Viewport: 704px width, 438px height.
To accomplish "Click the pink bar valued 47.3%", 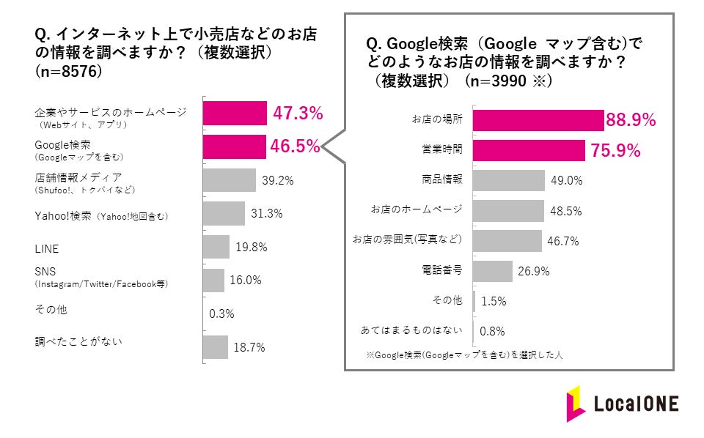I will [235, 114].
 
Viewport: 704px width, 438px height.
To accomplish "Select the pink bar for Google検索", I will [235, 146].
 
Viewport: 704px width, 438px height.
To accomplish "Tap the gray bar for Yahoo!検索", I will [224, 213].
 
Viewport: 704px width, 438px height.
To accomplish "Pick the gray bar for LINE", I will [216, 247].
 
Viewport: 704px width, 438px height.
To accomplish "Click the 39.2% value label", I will [278, 180].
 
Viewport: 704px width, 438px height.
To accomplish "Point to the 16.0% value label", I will [246, 281].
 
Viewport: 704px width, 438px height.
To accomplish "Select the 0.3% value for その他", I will [221, 313].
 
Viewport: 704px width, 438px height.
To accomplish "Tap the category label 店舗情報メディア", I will [78, 177].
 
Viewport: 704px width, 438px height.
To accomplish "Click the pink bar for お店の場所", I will [538, 120].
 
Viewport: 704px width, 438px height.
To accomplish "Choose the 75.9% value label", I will [615, 152].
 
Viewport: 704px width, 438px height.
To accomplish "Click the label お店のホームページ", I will [417, 209].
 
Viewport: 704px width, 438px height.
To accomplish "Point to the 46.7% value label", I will [564, 240].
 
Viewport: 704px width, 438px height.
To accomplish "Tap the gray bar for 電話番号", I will [493, 271].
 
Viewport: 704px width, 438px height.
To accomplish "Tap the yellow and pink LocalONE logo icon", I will [574, 403].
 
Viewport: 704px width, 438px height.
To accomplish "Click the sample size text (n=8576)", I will [68, 73].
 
